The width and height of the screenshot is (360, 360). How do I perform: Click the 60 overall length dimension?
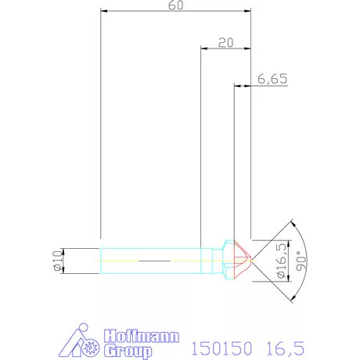176,6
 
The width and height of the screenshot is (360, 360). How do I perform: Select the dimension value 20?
227,44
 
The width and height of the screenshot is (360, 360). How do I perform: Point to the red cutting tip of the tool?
243,257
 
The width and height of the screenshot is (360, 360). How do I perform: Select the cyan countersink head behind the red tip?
230,257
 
